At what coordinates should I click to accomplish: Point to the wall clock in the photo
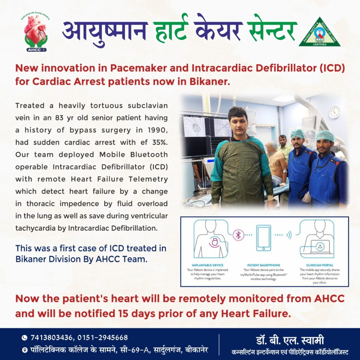[x=334, y=112]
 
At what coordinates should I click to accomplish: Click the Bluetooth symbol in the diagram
[x=238, y=235]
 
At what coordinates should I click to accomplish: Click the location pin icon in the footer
[x=24, y=350]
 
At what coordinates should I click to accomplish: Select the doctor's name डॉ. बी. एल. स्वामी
[x=290, y=341]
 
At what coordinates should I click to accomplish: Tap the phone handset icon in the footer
[x=24, y=338]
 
